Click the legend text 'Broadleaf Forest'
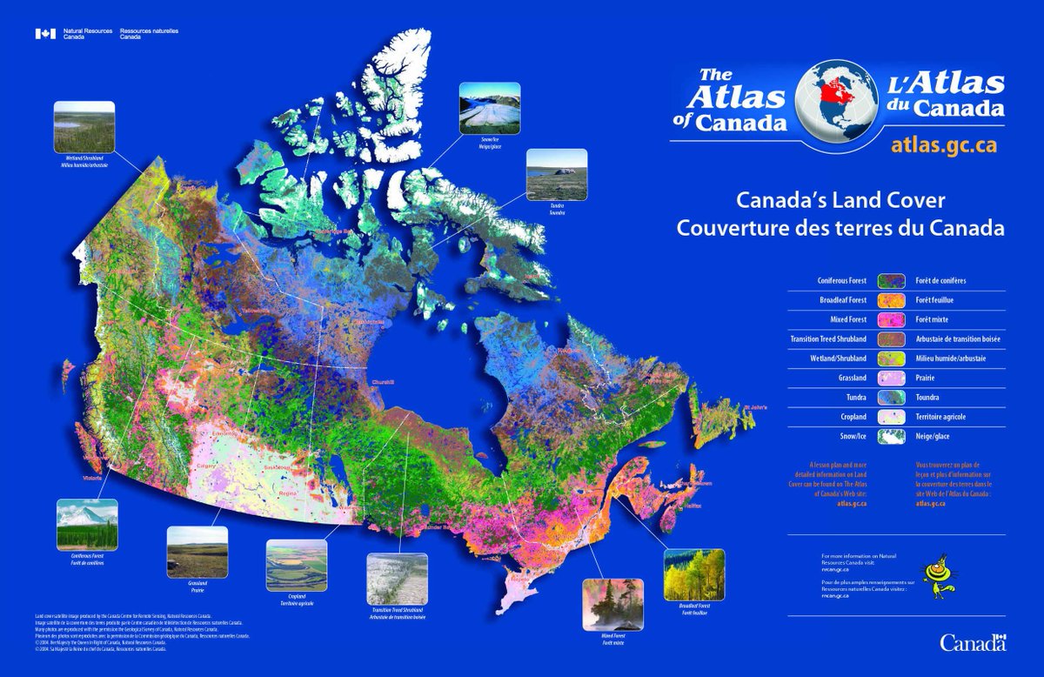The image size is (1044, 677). click(842, 300)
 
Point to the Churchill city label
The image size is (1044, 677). click(383, 382)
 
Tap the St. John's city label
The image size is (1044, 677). click(755, 406)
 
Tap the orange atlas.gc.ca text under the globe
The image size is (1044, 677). click(944, 145)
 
